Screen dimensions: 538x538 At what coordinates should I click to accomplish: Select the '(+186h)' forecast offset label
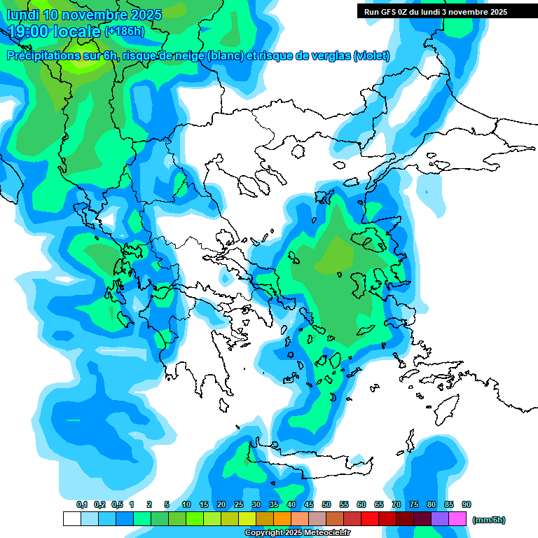(125, 31)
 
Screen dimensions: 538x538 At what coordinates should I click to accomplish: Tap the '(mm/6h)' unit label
(488, 520)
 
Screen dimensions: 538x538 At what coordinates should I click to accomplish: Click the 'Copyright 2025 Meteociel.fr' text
(298, 533)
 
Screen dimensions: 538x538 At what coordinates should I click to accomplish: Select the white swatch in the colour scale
(71, 519)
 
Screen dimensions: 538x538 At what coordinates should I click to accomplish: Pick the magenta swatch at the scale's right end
(457, 519)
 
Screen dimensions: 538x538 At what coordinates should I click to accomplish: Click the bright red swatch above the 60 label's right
(370, 519)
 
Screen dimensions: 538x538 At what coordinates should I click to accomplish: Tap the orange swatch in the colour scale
(282, 519)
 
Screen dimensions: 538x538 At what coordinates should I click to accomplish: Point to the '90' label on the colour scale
(467, 504)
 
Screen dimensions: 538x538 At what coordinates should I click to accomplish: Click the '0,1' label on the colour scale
(82, 504)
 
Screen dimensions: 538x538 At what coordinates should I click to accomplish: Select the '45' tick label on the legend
(309, 504)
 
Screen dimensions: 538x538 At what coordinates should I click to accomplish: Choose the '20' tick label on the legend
(221, 504)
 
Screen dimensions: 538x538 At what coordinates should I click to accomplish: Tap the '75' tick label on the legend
(414, 504)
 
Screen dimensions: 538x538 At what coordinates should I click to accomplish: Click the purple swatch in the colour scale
(440, 519)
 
